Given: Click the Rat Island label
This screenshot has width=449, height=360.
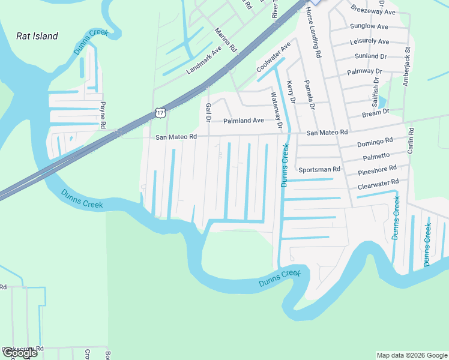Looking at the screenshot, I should click(x=37, y=36).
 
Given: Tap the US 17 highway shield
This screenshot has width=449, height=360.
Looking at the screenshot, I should click(x=159, y=112).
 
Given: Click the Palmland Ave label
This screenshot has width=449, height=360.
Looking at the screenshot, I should click(x=243, y=121).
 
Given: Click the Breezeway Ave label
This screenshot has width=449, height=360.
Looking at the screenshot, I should click(x=373, y=11).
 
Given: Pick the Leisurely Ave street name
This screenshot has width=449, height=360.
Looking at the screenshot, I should click(x=369, y=41).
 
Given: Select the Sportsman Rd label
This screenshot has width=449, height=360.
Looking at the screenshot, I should click(x=319, y=170).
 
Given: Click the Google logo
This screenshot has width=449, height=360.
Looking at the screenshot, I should click(x=19, y=353).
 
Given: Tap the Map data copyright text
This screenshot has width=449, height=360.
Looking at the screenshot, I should click(x=412, y=355).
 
